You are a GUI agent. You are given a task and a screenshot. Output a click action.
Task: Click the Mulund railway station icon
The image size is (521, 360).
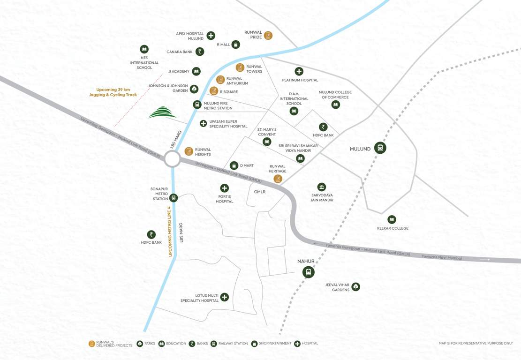point(380,148)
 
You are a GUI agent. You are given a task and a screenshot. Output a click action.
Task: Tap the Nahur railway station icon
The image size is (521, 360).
point(308,271)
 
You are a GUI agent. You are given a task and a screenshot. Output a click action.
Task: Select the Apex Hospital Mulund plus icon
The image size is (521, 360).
point(211,36)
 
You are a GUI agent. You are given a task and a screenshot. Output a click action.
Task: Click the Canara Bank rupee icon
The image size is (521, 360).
point(200,52)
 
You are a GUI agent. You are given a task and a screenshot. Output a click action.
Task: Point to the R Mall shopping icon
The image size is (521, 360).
point(236,45)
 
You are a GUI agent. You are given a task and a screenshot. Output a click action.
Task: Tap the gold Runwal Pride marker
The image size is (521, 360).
point(268,35)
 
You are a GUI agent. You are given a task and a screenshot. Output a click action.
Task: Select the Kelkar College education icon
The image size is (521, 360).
point(392,219)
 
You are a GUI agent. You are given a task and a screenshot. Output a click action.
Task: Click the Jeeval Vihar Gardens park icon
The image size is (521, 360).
point(355,286)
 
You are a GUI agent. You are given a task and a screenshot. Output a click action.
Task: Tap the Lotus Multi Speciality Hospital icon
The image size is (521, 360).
point(224,297)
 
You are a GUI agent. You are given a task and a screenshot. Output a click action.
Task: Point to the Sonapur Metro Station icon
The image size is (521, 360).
point(174,198)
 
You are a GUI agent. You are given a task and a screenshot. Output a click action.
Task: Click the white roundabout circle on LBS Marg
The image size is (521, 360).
point(172,159)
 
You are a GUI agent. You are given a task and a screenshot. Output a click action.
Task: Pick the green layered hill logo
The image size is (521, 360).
point(162,112)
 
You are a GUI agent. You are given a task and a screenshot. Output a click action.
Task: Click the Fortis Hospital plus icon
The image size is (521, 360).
point(224,188)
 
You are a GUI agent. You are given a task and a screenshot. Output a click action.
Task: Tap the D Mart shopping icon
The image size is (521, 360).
point(234,165)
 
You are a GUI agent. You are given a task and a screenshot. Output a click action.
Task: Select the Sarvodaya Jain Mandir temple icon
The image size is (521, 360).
point(321,187)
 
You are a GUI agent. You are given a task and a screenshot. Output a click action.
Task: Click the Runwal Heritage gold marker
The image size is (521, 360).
point(278,179)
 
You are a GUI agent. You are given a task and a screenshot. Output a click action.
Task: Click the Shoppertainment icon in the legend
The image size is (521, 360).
point(254,344)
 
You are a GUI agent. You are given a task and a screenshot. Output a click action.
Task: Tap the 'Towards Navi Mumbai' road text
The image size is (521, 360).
point(442,257)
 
